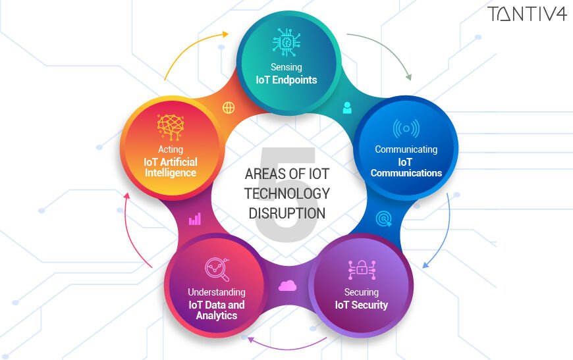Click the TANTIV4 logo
527,14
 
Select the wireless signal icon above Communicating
406,128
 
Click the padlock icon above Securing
361,269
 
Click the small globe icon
229,107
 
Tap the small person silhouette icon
347,107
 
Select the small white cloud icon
288,285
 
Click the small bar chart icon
195,219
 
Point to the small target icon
383,218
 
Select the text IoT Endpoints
286,80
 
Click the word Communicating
406,149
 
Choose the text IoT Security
361,305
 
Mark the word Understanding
216,292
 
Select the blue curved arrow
443,230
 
